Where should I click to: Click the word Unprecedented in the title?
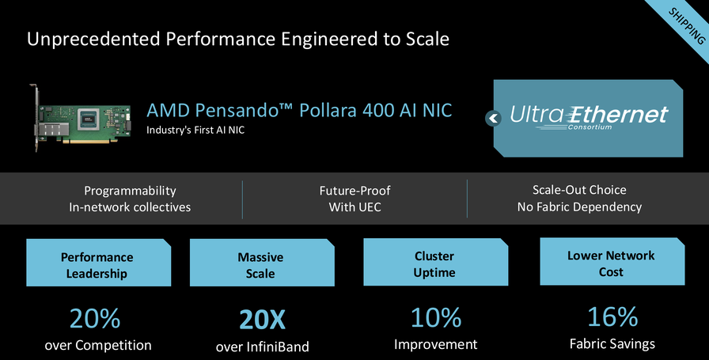click(93, 40)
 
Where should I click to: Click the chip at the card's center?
click(89, 119)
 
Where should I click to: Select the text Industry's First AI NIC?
click(195, 131)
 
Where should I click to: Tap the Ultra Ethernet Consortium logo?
click(589, 118)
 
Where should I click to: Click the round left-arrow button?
click(493, 119)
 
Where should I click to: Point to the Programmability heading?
click(130, 191)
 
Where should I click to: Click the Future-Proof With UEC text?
click(355, 199)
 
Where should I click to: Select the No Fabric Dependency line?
click(579, 207)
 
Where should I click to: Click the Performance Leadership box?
click(99, 263)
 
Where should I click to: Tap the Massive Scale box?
click(262, 263)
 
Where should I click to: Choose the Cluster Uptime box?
click(435, 262)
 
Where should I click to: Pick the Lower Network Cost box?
click(612, 261)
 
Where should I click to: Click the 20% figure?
click(95, 318)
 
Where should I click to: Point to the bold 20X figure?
click(262, 320)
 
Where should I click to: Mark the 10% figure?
click(436, 317)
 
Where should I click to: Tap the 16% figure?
click(612, 316)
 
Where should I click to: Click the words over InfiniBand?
click(262, 347)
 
